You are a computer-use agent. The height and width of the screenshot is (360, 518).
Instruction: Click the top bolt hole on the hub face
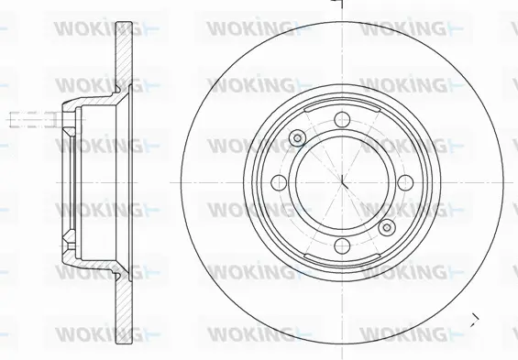(342, 119)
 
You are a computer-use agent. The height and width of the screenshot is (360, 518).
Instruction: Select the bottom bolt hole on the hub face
(342, 245)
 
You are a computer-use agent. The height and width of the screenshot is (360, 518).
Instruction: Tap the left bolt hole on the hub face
(279, 182)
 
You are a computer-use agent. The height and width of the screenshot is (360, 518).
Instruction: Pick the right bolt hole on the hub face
(405, 182)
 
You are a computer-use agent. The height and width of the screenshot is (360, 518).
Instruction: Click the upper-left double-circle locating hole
(297, 137)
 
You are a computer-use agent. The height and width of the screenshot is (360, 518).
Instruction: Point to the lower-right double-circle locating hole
(387, 227)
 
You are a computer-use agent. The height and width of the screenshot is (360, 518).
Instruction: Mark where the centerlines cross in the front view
(342, 182)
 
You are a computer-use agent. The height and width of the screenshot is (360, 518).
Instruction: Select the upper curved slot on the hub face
(342, 105)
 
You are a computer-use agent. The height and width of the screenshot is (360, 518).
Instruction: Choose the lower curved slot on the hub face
(342, 259)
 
